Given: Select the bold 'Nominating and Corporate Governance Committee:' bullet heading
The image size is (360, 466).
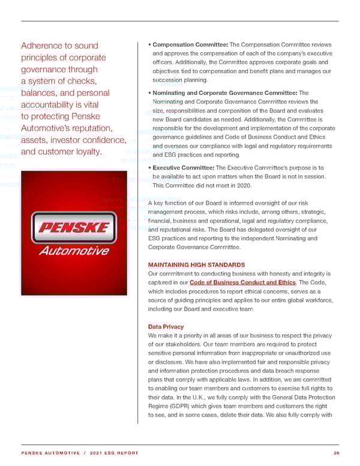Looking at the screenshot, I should [x=226, y=93].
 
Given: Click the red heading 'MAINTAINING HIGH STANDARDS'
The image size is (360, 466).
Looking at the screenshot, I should [x=196, y=265].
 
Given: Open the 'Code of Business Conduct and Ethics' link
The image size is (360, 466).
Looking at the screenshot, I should [x=242, y=283].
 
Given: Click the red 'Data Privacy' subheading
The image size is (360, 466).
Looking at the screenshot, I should [x=166, y=327].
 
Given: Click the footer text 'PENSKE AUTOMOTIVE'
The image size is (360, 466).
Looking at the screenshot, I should [x=47, y=453].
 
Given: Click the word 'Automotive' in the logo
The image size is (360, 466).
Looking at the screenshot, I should [x=74, y=251].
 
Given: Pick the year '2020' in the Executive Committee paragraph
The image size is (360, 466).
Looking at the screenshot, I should [x=244, y=186].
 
